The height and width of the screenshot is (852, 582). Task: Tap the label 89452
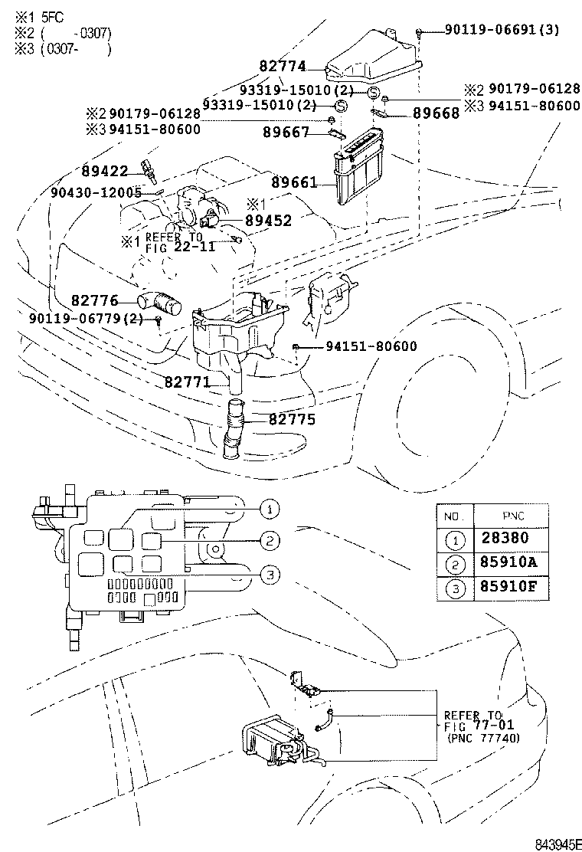point(268,221)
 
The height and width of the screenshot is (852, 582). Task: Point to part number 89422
point(104,172)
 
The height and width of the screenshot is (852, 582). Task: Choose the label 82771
point(187,380)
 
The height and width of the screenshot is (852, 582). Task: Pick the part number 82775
point(292,420)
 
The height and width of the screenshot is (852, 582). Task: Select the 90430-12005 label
point(96,192)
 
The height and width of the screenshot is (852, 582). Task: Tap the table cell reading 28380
point(504,539)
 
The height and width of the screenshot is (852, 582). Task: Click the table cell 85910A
point(508,563)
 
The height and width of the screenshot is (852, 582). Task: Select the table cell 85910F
point(508,588)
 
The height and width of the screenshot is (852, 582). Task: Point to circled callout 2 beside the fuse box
point(270,541)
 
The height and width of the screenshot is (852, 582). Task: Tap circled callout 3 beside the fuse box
point(270,575)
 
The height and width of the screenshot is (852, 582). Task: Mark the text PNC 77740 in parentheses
point(482,739)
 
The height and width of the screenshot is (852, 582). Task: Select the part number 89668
point(436,113)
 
